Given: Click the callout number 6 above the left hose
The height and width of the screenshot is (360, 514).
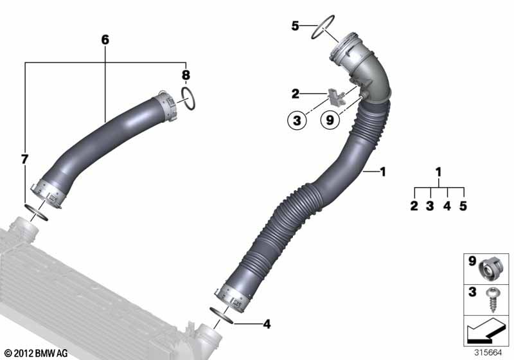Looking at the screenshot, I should point(105,40).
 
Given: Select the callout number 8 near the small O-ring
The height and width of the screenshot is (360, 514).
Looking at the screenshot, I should point(185,75).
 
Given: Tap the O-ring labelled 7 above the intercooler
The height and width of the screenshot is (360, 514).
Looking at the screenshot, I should point(37,210).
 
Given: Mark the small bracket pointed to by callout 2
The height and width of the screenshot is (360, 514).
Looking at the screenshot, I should point(335,97).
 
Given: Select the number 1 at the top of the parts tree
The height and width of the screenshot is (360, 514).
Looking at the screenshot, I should point(439,172).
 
